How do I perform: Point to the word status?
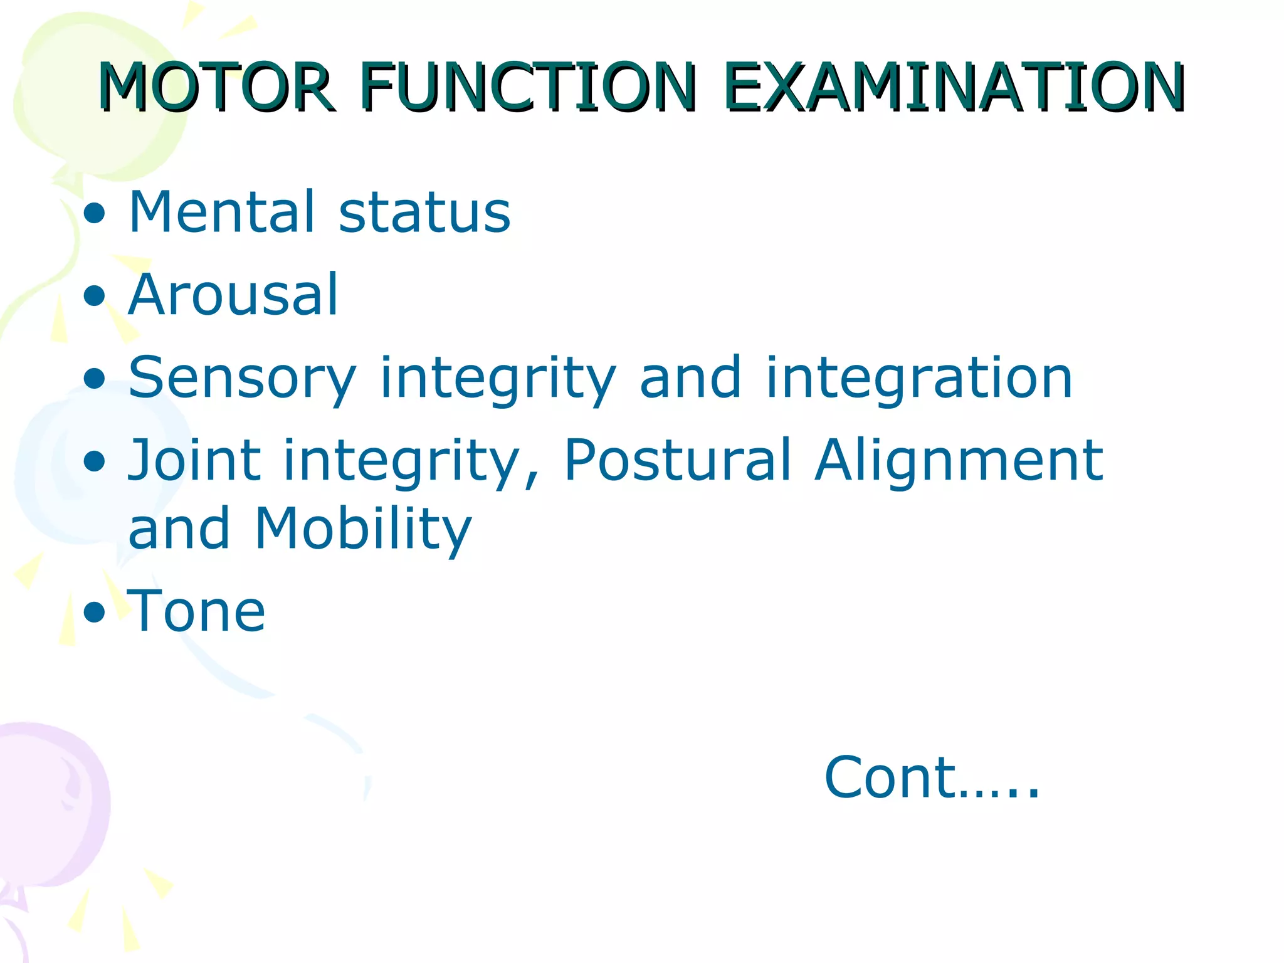(x=424, y=213)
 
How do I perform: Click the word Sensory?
(x=242, y=379)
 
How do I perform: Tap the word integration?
(x=919, y=379)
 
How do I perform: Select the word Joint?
(x=194, y=461)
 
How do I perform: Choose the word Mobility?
(x=362, y=530)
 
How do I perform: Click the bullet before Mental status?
(x=95, y=214)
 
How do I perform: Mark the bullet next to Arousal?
(x=95, y=296)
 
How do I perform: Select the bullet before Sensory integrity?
(x=95, y=379)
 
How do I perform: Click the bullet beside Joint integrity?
(x=95, y=461)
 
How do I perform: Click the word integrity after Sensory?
(x=498, y=379)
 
